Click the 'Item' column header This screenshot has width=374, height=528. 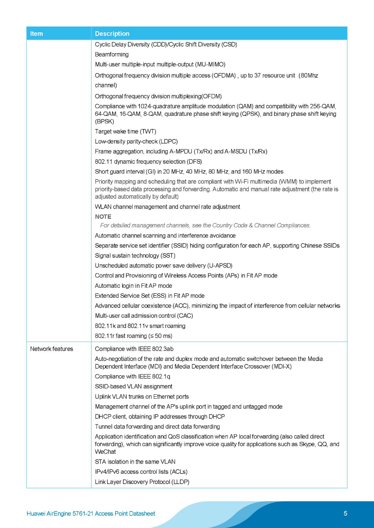click(x=36, y=34)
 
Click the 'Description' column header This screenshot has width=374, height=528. click(x=112, y=34)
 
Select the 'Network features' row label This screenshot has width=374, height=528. click(x=52, y=349)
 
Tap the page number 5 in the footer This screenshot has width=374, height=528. click(x=345, y=513)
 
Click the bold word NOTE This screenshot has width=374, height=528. click(x=103, y=216)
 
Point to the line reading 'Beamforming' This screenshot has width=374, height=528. click(x=112, y=54)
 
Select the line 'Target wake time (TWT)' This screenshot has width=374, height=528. click(x=125, y=131)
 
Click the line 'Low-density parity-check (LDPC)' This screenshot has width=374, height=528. click(x=136, y=141)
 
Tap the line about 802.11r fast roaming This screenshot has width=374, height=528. click(x=134, y=336)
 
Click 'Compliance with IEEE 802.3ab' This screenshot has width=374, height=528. click(x=134, y=349)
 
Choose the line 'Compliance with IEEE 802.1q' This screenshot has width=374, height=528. click(x=132, y=376)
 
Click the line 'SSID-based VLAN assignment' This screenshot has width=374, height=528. click(x=134, y=386)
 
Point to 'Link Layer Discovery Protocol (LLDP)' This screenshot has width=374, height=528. click(x=142, y=482)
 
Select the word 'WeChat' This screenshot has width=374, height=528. click(x=105, y=451)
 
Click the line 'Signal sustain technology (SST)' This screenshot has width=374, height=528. click(x=135, y=255)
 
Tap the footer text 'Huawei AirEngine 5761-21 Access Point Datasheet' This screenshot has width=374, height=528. click(x=91, y=513)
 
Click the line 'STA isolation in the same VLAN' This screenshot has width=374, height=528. click(x=135, y=462)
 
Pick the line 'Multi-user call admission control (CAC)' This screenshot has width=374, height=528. click(x=144, y=315)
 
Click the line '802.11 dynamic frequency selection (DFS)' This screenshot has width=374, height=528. click(x=148, y=161)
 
